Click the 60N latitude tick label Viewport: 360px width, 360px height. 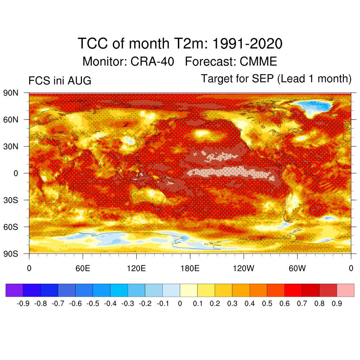(x=11, y=120)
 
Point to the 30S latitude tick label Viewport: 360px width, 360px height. (x=11, y=200)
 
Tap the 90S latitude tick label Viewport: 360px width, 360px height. (x=11, y=254)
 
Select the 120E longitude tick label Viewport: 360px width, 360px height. (x=136, y=268)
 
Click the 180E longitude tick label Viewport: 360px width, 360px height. (x=190, y=268)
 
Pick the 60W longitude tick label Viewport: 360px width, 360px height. (x=297, y=268)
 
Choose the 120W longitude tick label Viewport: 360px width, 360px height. (x=244, y=268)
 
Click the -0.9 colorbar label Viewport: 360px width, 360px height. (x=23, y=303)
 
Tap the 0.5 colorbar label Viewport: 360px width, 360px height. (x=267, y=303)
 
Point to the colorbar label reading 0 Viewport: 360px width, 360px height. (x=180, y=303)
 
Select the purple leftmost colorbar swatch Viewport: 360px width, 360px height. (x=14, y=290)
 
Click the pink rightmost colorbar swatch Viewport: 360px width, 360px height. (x=346, y=290)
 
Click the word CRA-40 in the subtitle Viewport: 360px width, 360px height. (x=152, y=62)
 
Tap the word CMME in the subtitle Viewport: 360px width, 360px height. (x=258, y=62)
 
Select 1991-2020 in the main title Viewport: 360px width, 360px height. (x=247, y=43)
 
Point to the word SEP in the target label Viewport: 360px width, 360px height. (x=263, y=79)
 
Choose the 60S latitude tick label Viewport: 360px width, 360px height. (x=11, y=227)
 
